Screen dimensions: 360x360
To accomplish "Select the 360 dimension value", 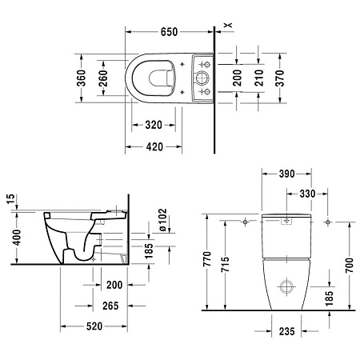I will [x=80, y=78].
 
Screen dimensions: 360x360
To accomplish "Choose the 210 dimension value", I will [x=259, y=78].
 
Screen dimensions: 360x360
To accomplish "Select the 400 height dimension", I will [x=10, y=238].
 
